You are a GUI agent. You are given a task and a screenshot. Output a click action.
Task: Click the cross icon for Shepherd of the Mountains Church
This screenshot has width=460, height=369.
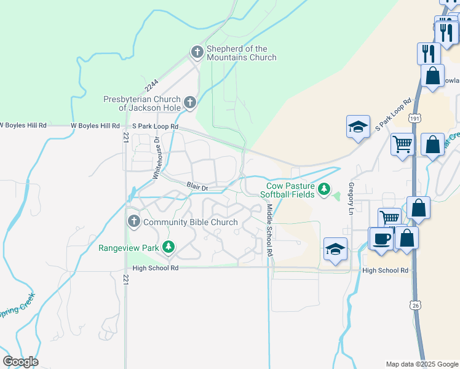tap(197, 52)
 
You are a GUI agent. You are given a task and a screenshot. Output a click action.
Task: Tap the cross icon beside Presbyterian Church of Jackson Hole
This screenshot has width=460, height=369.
tap(189, 103)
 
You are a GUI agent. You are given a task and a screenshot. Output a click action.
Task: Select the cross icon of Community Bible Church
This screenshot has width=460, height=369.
tap(133, 221)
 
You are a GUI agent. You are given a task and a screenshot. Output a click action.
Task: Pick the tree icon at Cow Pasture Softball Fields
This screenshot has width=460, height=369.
tap(324, 189)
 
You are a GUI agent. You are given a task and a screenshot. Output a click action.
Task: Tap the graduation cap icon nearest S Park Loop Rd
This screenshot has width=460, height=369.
tap(358, 127)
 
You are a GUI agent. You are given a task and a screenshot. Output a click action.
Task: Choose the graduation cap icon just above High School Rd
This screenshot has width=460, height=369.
tap(335, 249)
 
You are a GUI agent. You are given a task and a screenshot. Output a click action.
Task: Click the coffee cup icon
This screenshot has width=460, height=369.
tap(381, 238)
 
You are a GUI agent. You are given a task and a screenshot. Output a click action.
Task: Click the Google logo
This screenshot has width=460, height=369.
tap(20, 362)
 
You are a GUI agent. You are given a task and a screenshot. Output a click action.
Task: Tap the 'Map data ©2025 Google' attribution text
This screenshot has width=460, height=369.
tap(421, 364)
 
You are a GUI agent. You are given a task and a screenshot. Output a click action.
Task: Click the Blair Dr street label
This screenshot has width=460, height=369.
tap(198, 184)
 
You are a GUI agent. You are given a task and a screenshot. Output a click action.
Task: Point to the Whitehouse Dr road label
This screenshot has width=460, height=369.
tap(157, 158)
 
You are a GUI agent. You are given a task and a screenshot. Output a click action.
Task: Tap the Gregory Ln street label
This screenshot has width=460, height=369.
tap(351, 198)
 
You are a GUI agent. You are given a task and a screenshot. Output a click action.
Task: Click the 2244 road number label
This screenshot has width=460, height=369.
tap(152, 84)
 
